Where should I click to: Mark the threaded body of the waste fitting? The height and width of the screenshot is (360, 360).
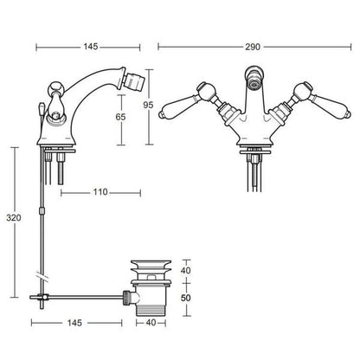pyautogui.click(x=151, y=299)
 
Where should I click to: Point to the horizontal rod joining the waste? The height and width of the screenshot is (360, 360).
pyautogui.click(x=87, y=297)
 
